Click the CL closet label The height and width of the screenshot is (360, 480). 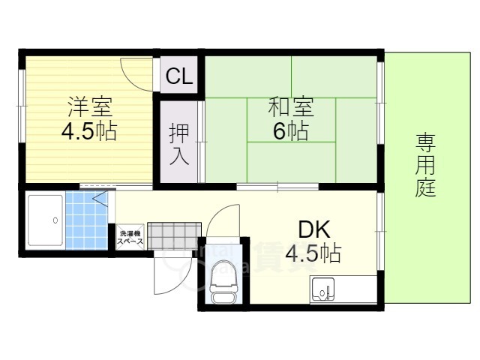pyautogui.click(x=179, y=76)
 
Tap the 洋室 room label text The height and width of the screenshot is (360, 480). pyautogui.click(x=88, y=106)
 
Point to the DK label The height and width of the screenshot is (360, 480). pyautogui.click(x=313, y=229)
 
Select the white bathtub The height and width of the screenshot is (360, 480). pyautogui.click(x=45, y=220)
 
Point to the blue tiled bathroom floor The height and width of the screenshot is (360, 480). pyautogui.click(x=85, y=222)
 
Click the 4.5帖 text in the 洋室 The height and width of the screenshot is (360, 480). pyautogui.click(x=88, y=131)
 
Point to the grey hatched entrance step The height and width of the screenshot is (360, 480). pyautogui.click(x=174, y=234)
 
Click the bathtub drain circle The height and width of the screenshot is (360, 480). pyautogui.click(x=55, y=220)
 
